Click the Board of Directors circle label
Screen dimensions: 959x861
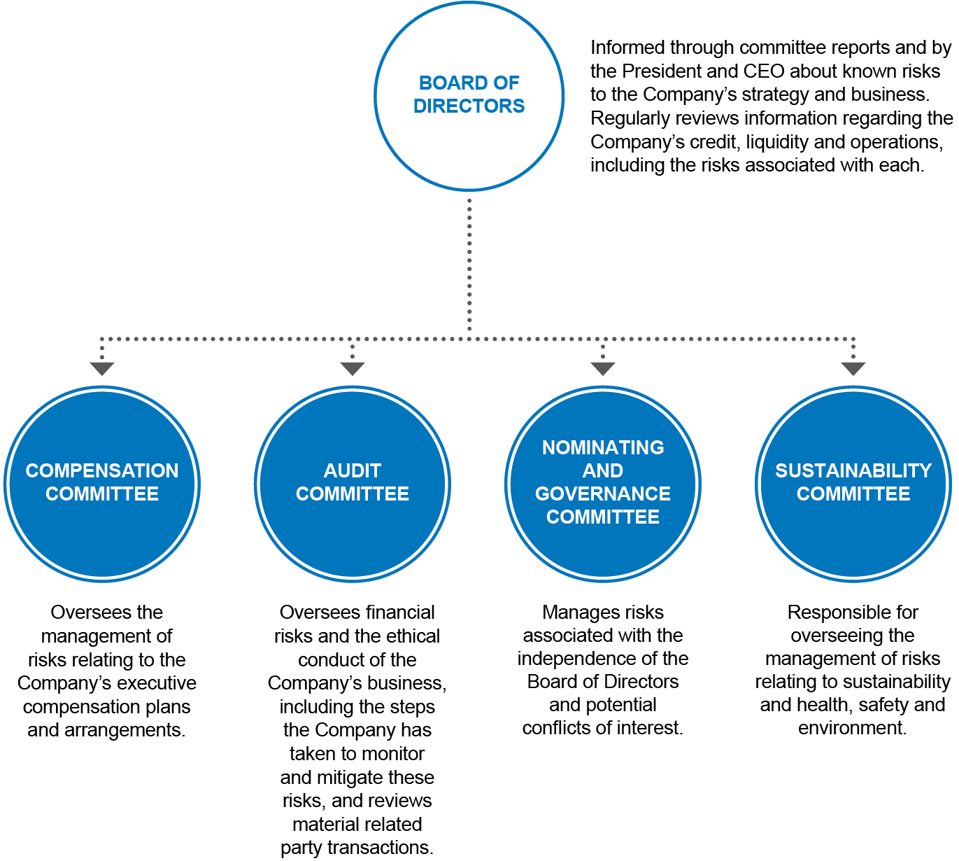point(469,94)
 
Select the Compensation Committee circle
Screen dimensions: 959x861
point(101,484)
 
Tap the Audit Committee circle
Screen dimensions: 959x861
point(352,484)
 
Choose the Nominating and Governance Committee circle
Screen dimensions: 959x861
point(602,484)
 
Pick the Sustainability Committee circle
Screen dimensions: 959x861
point(853,484)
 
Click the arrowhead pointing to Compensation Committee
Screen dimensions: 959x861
point(101,369)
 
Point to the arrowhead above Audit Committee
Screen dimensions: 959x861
point(352,369)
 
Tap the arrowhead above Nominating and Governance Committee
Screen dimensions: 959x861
point(602,369)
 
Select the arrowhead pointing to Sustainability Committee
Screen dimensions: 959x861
point(853,369)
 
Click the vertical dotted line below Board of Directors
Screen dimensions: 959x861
point(469,265)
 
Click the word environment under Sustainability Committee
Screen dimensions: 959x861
point(852,727)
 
